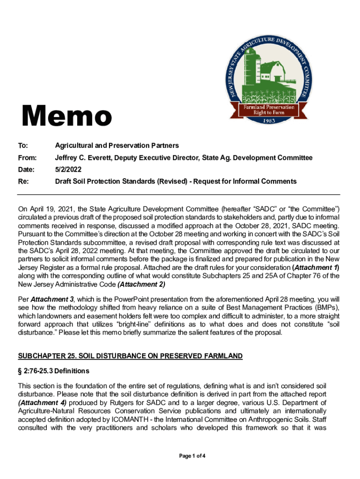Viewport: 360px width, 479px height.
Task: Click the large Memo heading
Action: click(65, 116)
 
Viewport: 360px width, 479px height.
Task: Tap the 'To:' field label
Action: click(22, 146)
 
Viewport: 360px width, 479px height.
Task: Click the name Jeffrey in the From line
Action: click(67, 158)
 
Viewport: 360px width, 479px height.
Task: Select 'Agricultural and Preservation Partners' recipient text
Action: click(117, 146)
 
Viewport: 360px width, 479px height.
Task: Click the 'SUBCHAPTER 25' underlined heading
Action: click(130, 356)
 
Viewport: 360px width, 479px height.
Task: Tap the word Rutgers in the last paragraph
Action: click(113, 403)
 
